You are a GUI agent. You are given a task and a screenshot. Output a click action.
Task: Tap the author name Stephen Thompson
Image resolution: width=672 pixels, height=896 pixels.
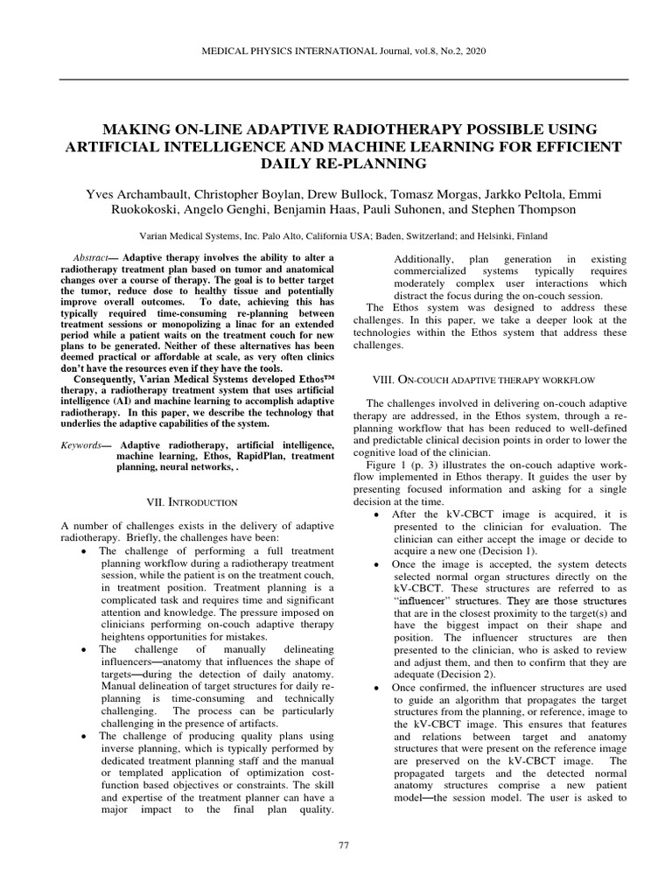tap(541, 210)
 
